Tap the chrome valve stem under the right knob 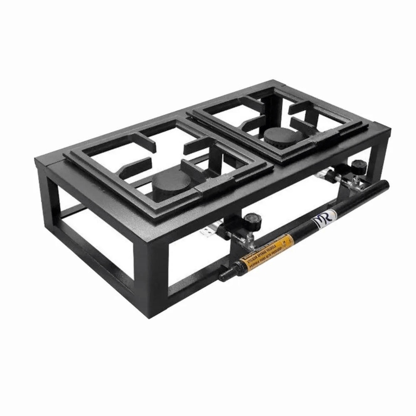click(352, 180)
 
